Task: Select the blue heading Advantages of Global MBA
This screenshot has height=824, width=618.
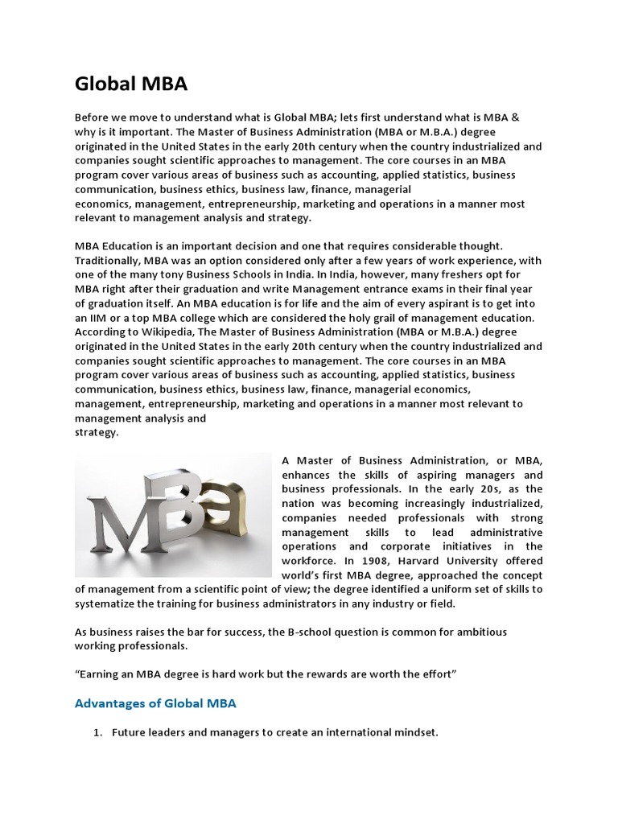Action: click(155, 703)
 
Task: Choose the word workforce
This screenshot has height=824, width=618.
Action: click(310, 561)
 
